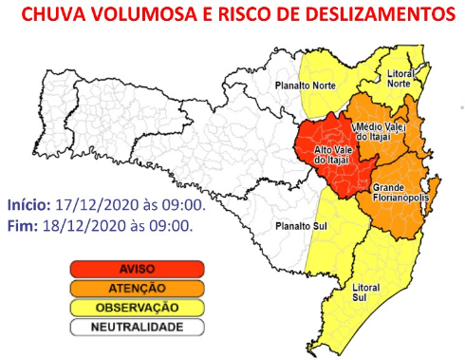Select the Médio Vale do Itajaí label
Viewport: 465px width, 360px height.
tap(381, 132)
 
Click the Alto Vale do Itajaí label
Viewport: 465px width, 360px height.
tap(332, 154)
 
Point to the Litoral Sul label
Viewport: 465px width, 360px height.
tap(364, 290)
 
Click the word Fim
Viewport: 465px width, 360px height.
tap(21, 226)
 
